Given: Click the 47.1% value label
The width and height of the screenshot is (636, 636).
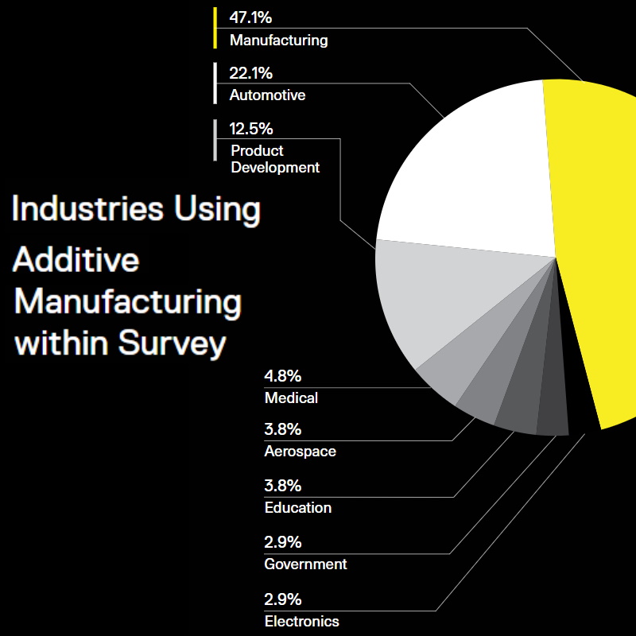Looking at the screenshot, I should [250, 17].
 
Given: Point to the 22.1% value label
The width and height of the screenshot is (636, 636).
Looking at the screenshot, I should [250, 73].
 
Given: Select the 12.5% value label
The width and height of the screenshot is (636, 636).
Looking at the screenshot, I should [250, 129].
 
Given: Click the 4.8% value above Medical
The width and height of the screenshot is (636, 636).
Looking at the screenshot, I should [282, 376].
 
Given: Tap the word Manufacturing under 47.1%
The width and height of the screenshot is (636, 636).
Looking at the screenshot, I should [278, 40].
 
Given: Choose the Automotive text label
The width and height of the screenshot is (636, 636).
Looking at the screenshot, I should [267, 95].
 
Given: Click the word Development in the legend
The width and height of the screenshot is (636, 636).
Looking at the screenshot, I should [275, 168].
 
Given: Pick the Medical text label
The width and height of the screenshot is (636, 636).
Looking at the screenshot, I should [291, 397].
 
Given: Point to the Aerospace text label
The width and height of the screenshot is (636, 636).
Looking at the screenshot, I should [300, 452].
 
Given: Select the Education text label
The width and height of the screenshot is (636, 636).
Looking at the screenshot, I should [297, 507].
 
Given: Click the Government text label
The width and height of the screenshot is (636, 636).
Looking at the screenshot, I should [305, 564].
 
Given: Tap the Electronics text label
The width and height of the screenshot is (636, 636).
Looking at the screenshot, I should [301, 622].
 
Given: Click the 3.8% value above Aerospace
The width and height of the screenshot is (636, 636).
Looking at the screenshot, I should [282, 430].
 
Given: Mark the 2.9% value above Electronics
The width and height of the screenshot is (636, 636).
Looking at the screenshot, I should [282, 599].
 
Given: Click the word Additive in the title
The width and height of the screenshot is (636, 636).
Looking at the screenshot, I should [76, 261].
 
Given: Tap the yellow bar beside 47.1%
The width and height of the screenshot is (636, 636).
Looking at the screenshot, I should [215, 29].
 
